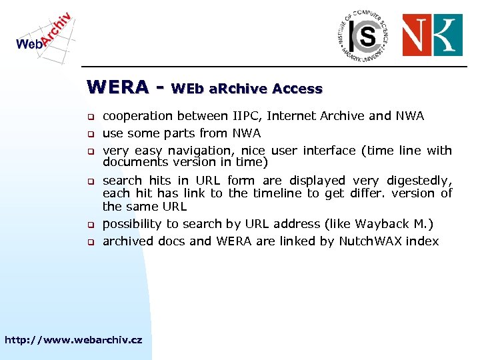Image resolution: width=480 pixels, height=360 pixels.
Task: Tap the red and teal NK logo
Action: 433,35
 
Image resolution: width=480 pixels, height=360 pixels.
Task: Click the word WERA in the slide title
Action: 118,87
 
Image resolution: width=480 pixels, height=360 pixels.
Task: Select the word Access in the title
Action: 297,89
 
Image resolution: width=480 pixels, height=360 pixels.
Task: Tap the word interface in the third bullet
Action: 331,151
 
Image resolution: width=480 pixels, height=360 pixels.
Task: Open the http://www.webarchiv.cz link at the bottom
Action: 73,340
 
